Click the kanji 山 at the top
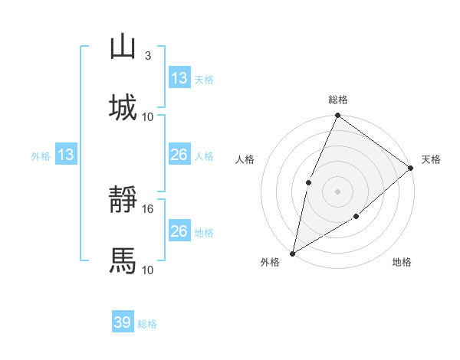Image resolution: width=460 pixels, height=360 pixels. tap(123, 47)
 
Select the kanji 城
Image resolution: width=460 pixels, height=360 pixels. tap(123, 106)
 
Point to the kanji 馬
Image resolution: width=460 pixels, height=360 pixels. tap(123, 260)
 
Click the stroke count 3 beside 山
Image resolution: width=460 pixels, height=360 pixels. tap(148, 56)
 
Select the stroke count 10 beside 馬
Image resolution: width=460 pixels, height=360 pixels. tap(149, 270)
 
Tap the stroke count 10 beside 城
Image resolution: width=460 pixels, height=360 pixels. tap(149, 116)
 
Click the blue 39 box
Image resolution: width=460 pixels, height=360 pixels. tap(123, 322)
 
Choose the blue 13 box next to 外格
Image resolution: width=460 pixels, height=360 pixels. tap(66, 155)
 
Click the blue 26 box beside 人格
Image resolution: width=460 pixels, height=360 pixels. tap(179, 155)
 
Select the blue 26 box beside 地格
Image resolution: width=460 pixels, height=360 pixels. tap(179, 231)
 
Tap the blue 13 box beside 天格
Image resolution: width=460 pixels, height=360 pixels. tap(179, 78)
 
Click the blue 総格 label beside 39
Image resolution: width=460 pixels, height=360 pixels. tap(147, 324)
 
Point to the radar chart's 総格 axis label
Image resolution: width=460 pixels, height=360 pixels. tap(337, 100)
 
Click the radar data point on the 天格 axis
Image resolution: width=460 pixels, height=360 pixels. tap(411, 169)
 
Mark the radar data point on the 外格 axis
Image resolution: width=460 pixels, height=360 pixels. tap(293, 253)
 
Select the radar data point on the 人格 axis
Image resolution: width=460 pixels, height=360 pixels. tap(308, 182)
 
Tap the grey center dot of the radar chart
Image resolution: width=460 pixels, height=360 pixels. tap(337, 191)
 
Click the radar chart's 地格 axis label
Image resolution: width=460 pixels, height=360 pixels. tap(402, 263)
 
